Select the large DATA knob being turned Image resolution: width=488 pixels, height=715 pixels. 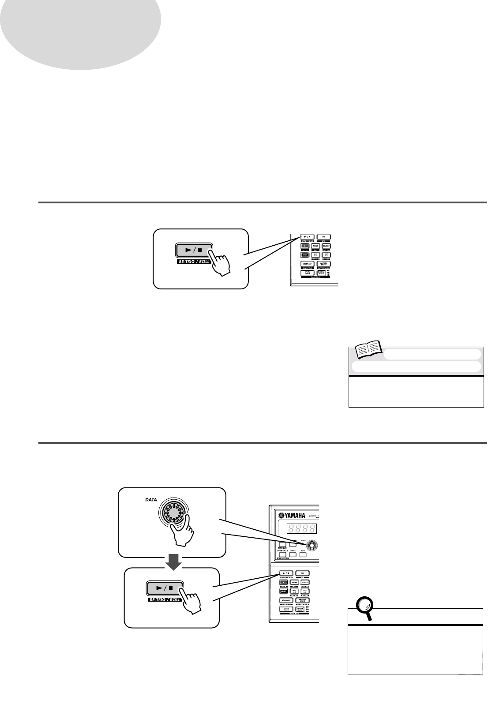pyautogui.click(x=173, y=513)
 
